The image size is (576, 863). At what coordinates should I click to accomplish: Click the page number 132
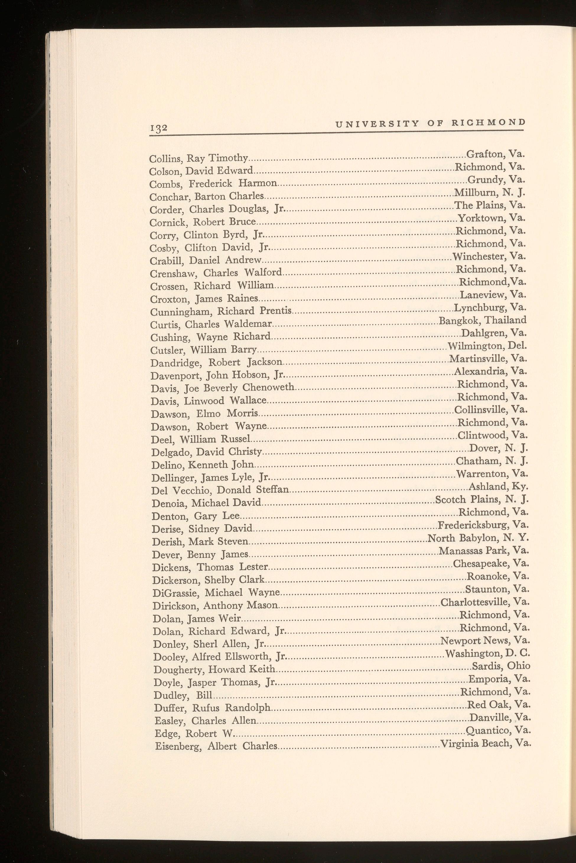[158, 128]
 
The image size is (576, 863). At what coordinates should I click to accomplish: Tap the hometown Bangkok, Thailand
[483, 320]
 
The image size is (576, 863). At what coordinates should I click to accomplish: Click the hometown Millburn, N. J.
[490, 192]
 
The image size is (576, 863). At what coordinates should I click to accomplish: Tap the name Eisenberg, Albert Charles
[216, 746]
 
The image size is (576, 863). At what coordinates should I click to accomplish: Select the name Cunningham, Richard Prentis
[221, 311]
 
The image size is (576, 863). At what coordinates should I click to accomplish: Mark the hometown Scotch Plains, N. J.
[481, 500]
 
